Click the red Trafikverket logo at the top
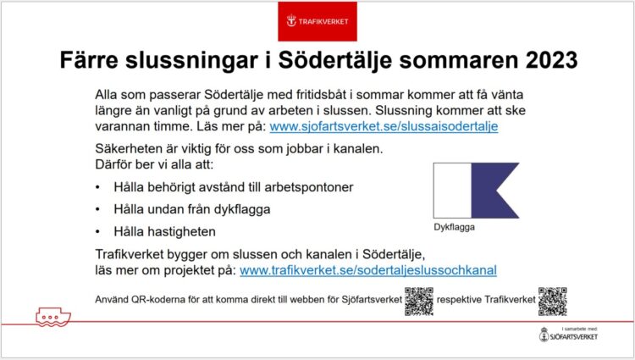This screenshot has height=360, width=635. coord(317,21)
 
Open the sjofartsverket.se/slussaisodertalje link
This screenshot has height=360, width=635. coord(384,126)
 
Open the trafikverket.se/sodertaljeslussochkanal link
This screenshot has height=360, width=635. coord(368,270)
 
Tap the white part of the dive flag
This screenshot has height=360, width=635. coord(452,191)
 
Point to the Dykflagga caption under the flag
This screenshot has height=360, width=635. coord(454,227)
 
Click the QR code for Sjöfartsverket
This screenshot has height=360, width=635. coord(419,302)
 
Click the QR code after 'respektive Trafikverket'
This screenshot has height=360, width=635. coord(552,302)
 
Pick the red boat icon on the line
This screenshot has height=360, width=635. coord(53,317)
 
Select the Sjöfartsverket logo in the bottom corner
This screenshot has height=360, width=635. coord(568,335)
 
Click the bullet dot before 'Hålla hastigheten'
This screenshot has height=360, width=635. coord(97,232)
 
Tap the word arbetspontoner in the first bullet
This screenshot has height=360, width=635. coord(308,187)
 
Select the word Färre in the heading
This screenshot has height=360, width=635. coord(89,60)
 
